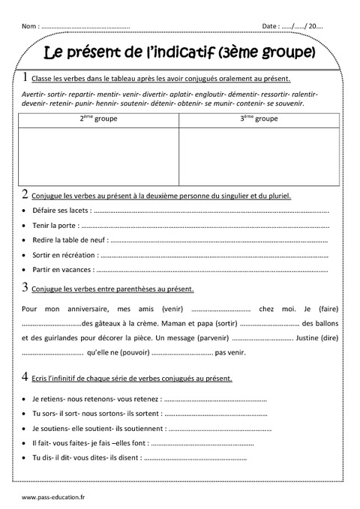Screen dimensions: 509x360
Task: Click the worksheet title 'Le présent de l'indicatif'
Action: (180, 53)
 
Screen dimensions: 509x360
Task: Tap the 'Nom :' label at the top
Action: (31, 26)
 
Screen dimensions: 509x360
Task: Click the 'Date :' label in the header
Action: (272, 26)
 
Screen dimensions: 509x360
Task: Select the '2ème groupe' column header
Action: (98, 118)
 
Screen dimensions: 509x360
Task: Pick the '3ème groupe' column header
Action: (257, 118)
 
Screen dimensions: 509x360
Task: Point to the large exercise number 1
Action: (25, 77)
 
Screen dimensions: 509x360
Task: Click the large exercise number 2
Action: (25, 194)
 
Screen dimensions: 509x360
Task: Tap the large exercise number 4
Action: (25, 377)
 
